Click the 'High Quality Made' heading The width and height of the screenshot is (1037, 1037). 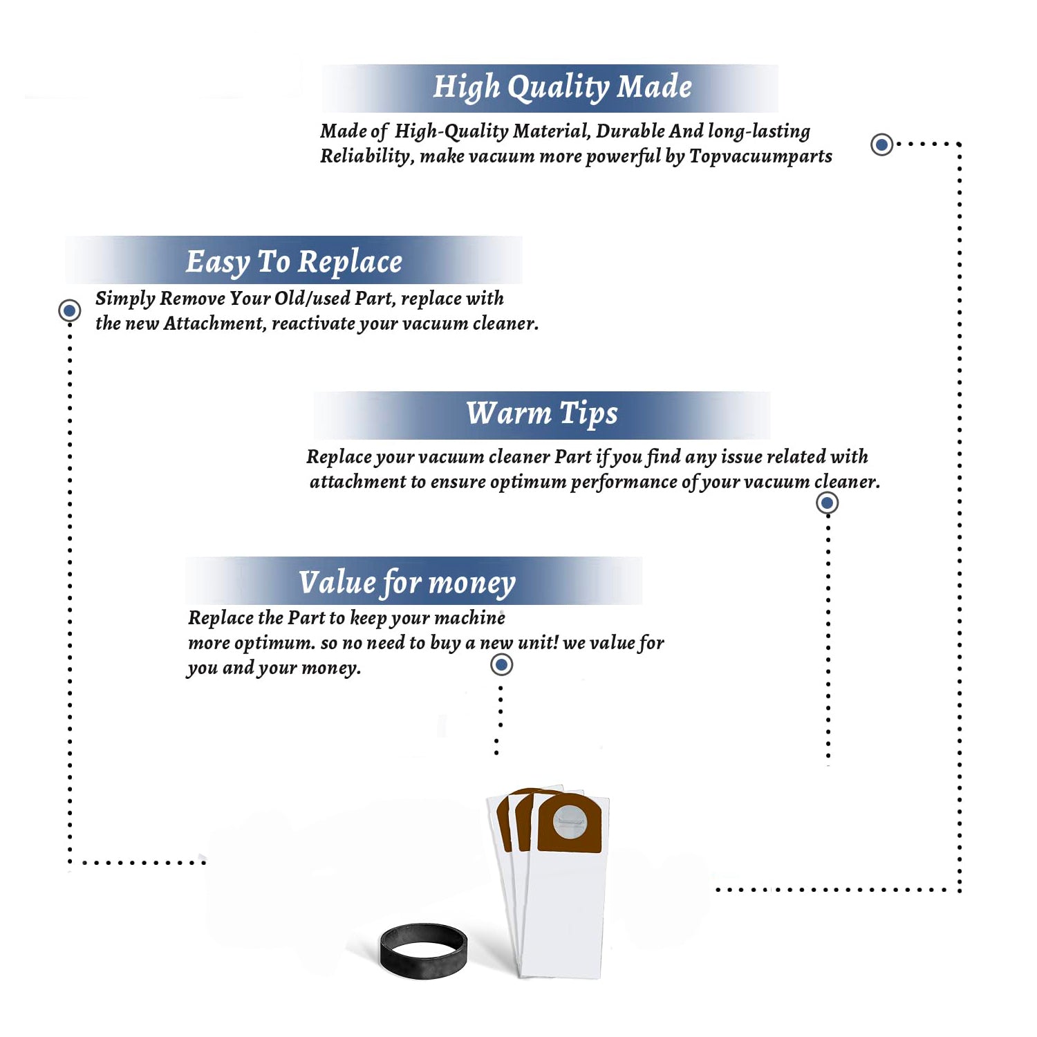(562, 88)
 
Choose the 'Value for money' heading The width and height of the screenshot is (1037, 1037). (407, 583)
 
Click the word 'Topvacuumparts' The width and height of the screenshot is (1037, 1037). (760, 157)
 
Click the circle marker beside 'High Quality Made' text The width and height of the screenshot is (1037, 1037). (881, 144)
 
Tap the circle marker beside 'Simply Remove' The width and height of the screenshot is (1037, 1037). (69, 310)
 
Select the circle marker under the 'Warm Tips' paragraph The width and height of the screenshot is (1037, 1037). (827, 503)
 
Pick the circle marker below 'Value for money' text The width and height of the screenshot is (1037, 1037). (501, 665)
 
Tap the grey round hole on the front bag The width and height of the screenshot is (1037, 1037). (569, 822)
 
